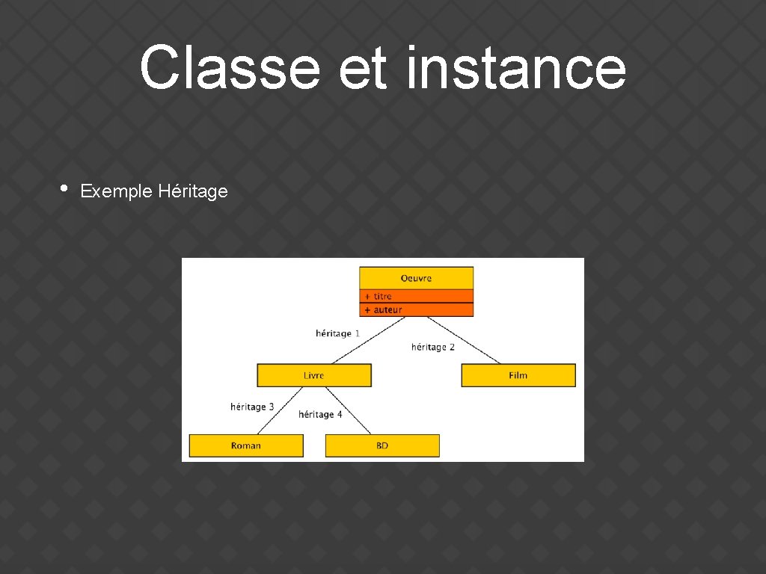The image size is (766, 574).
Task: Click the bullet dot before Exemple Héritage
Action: (64, 189)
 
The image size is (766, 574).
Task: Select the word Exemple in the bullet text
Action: (117, 191)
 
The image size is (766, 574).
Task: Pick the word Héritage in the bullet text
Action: (193, 191)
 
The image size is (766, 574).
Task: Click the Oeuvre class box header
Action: (416, 278)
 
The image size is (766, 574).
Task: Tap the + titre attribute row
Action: (416, 296)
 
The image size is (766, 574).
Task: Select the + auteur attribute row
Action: (416, 309)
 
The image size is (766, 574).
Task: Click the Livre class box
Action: (314, 375)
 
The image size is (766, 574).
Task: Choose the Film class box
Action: (518, 375)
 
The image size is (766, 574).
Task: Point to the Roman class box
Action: (246, 445)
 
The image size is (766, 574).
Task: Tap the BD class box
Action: (382, 445)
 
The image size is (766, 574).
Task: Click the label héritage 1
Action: (338, 333)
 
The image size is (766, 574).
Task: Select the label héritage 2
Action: (433, 347)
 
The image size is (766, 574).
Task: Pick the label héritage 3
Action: (252, 407)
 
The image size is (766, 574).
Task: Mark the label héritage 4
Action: (320, 414)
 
